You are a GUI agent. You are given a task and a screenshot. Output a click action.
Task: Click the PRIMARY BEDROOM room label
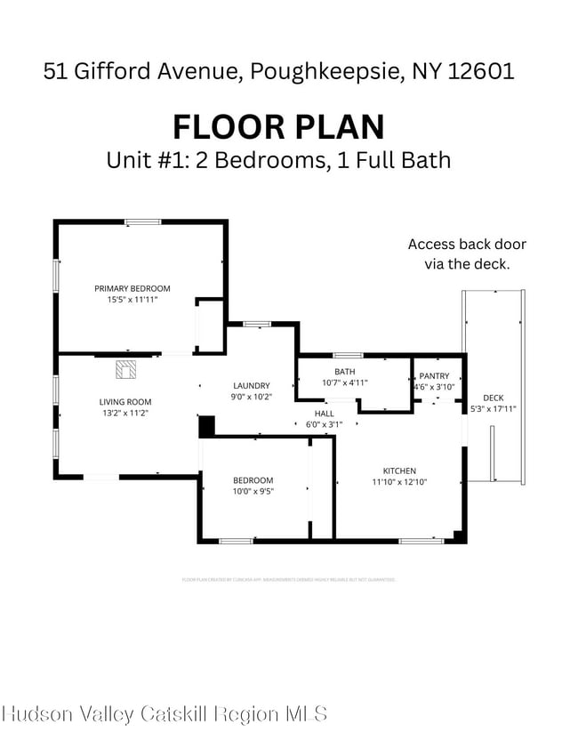(x=132, y=288)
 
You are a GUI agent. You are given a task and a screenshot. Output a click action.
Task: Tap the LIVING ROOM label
(x=124, y=402)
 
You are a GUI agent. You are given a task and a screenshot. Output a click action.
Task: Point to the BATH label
(x=344, y=371)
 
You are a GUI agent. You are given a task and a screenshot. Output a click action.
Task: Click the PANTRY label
(x=434, y=375)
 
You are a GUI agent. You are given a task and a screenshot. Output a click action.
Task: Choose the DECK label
(x=493, y=398)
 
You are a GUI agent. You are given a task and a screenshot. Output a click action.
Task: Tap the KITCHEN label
(x=399, y=471)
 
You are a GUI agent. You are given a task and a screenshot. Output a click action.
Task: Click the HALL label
(x=325, y=414)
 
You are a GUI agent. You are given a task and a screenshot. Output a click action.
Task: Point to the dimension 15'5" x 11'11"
(x=132, y=300)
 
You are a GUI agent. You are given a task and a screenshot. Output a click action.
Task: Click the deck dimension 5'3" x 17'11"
(x=493, y=409)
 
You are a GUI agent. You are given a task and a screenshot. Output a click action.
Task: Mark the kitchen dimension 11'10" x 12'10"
(x=399, y=482)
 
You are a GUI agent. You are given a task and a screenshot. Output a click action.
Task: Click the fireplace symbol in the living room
(x=124, y=367)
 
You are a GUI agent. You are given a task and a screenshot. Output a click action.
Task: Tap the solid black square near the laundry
(x=206, y=427)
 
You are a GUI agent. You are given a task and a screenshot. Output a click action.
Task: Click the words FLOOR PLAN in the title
(x=278, y=126)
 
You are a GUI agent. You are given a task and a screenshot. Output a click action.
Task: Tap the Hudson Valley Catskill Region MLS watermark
(x=165, y=713)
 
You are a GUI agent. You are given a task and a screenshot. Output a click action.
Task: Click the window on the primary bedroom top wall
(x=142, y=221)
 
